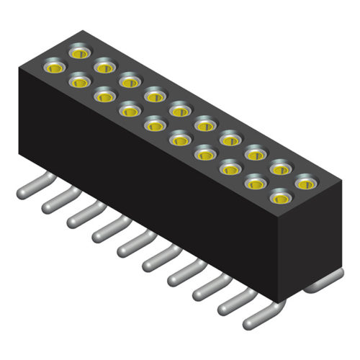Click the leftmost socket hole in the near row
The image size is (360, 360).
[x=55, y=68]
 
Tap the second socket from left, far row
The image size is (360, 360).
[x=104, y=67]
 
